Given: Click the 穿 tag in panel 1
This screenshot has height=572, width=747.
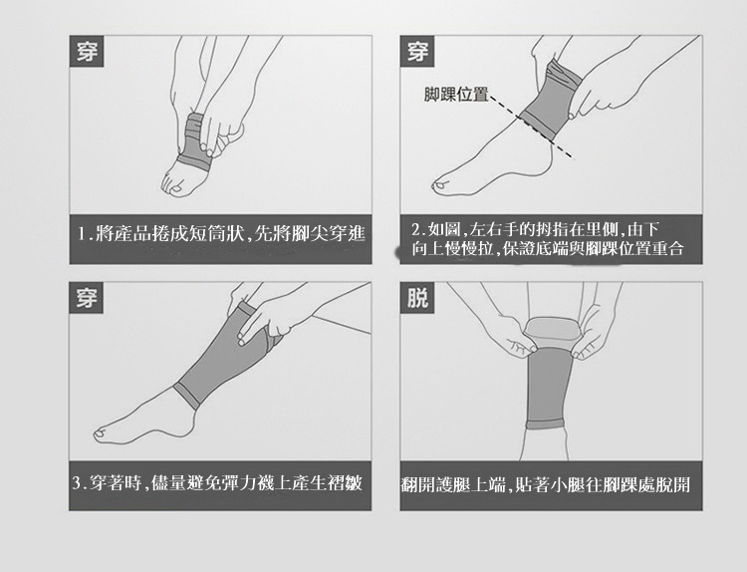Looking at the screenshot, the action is tap(87, 51).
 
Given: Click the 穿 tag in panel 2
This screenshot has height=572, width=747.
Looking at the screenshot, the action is tap(417, 51).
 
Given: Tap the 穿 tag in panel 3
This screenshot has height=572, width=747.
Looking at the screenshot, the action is tap(87, 297).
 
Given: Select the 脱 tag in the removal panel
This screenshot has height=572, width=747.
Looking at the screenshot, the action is tap(417, 297).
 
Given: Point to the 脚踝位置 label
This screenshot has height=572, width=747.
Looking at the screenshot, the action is tap(456, 95).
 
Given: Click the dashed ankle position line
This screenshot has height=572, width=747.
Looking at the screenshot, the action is tap(531, 127).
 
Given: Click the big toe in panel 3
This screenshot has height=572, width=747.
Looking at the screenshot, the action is tap(101, 433).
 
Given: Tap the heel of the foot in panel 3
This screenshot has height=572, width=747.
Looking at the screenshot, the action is tap(190, 422).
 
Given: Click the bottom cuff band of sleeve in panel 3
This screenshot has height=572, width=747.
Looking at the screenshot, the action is tap(187, 396).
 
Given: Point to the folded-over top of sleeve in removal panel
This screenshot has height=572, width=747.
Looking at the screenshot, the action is tap(551, 330).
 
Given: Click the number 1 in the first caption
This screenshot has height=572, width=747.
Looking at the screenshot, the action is tap(82, 234).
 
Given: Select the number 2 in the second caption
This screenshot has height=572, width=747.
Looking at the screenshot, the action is tap(416, 230).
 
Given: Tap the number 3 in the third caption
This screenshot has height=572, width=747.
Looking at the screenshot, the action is tap(78, 483).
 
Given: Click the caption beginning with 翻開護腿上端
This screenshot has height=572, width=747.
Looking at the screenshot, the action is tap(546, 484).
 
